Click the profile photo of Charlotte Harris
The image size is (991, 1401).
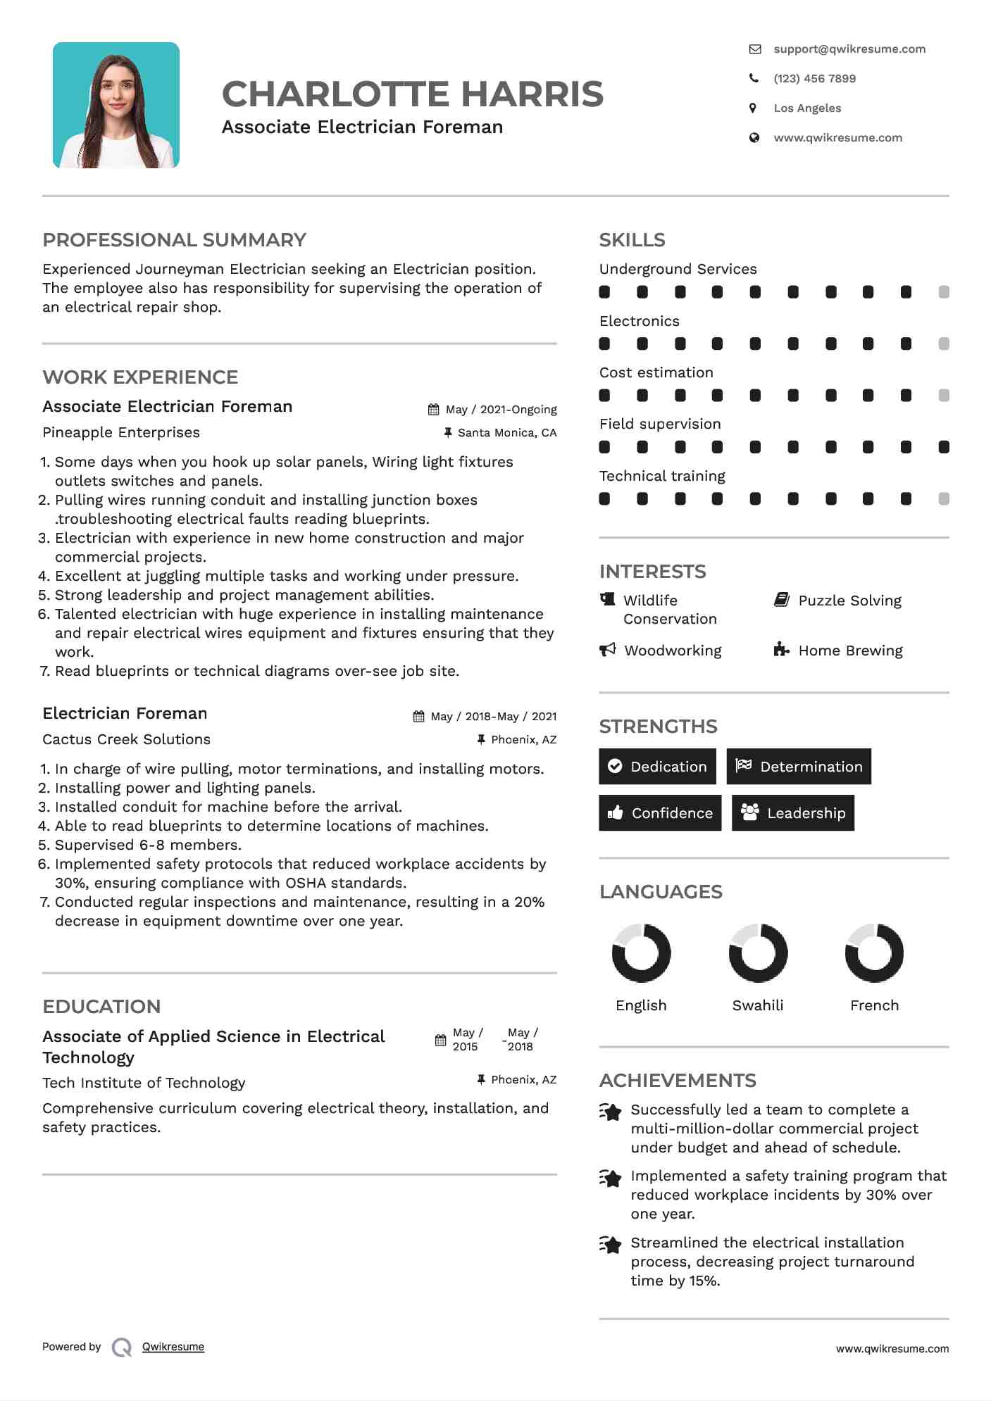click(x=116, y=106)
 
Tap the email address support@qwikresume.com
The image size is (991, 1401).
click(x=849, y=49)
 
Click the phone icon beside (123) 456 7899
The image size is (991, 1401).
click(x=754, y=79)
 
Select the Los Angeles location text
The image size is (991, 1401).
click(x=807, y=108)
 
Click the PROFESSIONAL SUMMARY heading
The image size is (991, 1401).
click(x=174, y=240)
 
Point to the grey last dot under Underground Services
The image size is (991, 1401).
click(x=944, y=292)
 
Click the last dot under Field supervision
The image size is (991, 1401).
click(x=944, y=447)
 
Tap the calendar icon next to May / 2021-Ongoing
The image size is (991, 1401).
click(x=434, y=410)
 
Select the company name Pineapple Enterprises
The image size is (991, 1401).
click(x=121, y=432)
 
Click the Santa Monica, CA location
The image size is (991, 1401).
click(x=506, y=433)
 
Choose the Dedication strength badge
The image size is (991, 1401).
click(x=657, y=767)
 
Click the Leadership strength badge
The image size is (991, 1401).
click(x=793, y=813)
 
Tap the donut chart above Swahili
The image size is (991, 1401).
click(x=758, y=953)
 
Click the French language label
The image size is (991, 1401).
click(x=874, y=1005)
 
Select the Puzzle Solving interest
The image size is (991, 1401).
click(x=849, y=601)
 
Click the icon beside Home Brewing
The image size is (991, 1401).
click(x=781, y=649)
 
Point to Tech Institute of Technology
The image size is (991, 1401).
click(x=144, y=1083)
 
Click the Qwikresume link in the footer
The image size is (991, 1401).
click(x=173, y=1347)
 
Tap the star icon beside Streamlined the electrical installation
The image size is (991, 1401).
click(x=611, y=1245)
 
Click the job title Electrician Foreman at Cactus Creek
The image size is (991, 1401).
click(x=125, y=713)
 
